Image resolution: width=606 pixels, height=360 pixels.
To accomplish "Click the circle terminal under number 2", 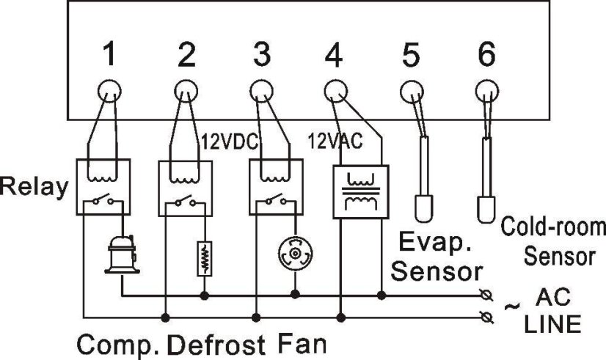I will [184, 92].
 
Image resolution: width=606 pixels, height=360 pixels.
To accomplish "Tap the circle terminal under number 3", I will [259, 92].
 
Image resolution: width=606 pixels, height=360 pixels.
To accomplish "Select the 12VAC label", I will [335, 141].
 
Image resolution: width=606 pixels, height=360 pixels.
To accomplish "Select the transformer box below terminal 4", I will [360, 191].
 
